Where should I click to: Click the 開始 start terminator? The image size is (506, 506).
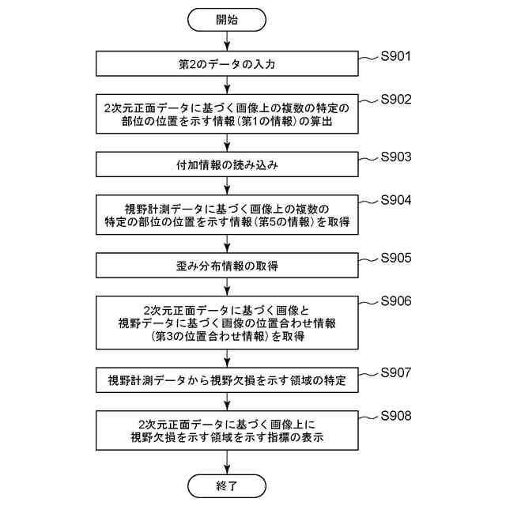click(x=227, y=20)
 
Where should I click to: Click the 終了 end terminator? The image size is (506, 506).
click(x=227, y=482)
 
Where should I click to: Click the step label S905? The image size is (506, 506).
click(x=396, y=257)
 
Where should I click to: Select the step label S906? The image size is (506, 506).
click(x=396, y=300)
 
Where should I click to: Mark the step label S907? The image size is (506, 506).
click(x=396, y=372)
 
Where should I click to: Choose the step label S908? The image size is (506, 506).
click(x=396, y=415)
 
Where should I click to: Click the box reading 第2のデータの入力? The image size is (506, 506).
click(x=227, y=64)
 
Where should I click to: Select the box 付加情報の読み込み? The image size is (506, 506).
click(x=227, y=164)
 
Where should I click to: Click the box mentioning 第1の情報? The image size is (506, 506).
click(x=227, y=114)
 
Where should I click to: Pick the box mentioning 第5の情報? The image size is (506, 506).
click(x=227, y=214)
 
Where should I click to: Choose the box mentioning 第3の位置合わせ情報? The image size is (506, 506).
click(x=227, y=323)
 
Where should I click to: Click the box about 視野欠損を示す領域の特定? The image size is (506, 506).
click(x=227, y=380)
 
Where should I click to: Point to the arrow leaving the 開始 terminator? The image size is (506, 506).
click(x=227, y=42)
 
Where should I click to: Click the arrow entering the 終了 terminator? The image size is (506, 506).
click(x=227, y=460)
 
